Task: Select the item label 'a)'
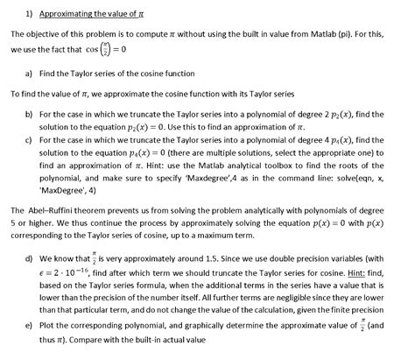pyautogui.click(x=29, y=73)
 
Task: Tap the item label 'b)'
pyautogui.click(x=29, y=114)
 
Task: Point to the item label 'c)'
pyautogui.click(x=29, y=140)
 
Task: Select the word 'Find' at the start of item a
pyautogui.click(x=49, y=73)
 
